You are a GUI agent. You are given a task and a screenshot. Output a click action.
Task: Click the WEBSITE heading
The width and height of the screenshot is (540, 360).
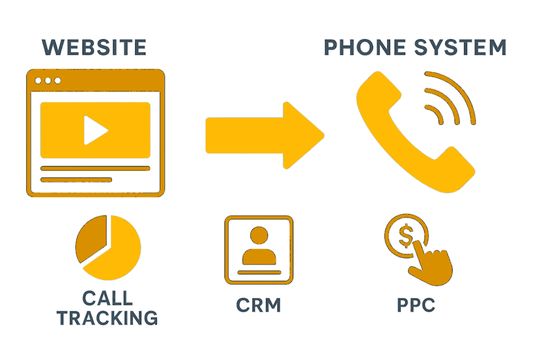(x=94, y=47)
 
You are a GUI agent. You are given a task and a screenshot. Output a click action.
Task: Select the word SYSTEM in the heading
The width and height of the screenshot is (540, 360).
(x=460, y=47)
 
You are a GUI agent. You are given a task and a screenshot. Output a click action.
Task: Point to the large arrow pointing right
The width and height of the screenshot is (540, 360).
(x=265, y=135)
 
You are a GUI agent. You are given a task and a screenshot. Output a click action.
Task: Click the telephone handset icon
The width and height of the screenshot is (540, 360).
(x=415, y=132)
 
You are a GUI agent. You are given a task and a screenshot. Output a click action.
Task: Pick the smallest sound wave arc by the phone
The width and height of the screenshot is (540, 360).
(x=435, y=114)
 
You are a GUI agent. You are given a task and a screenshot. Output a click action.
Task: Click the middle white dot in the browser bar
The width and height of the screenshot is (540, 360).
(x=48, y=81)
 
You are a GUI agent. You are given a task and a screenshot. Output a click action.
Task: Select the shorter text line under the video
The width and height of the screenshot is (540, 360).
(x=76, y=180)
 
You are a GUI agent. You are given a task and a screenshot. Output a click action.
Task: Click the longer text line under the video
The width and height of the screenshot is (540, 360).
(x=95, y=168)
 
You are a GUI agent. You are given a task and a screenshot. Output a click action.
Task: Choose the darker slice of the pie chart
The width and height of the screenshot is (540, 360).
(x=91, y=238)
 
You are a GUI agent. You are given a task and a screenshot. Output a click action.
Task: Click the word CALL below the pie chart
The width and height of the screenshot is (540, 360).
(x=108, y=298)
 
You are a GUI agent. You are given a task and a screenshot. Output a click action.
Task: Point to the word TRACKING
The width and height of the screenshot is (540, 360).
(x=108, y=318)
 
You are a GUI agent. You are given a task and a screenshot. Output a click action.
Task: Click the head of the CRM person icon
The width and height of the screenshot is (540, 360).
(x=259, y=236)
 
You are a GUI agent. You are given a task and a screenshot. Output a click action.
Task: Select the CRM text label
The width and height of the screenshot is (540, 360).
(x=258, y=305)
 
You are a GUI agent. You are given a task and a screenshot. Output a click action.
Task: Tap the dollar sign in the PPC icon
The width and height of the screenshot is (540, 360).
(x=406, y=236)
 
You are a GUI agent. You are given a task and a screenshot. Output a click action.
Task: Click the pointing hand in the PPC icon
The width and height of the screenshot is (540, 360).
(x=430, y=264)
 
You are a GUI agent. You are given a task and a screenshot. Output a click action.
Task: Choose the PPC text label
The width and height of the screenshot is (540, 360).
(x=416, y=305)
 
